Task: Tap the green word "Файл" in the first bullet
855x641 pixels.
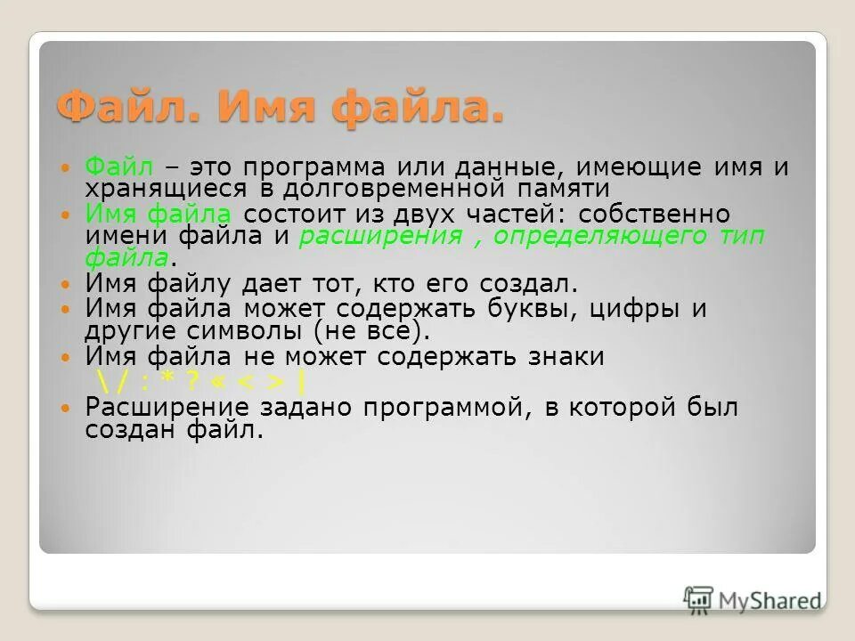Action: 119,168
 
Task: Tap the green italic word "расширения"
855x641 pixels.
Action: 381,236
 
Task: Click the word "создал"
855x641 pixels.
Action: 525,284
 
